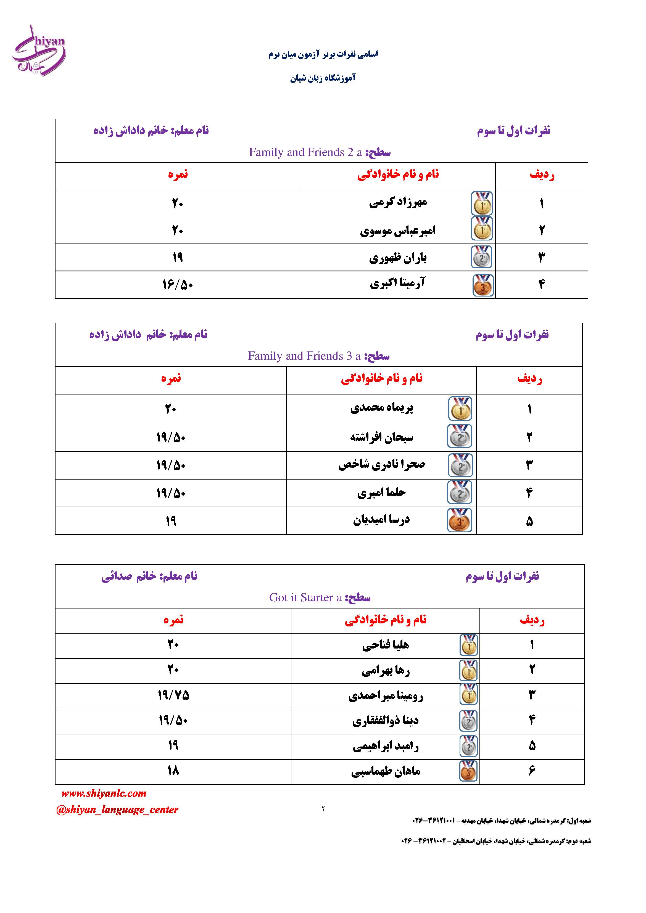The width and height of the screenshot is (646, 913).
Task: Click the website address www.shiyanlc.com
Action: click(x=104, y=793)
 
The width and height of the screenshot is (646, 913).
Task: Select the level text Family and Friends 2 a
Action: click(x=305, y=152)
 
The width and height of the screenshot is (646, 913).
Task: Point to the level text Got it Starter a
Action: click(x=305, y=597)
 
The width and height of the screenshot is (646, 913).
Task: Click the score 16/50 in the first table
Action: click(x=177, y=285)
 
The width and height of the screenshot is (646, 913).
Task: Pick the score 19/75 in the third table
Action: click(x=173, y=695)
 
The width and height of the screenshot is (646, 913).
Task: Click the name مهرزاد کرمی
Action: click(x=398, y=203)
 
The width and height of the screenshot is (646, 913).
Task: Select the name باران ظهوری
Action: click(x=398, y=258)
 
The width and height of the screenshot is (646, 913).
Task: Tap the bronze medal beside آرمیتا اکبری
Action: click(x=483, y=285)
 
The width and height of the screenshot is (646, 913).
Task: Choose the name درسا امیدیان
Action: click(x=381, y=520)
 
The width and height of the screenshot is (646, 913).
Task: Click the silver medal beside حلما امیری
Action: click(x=460, y=492)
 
